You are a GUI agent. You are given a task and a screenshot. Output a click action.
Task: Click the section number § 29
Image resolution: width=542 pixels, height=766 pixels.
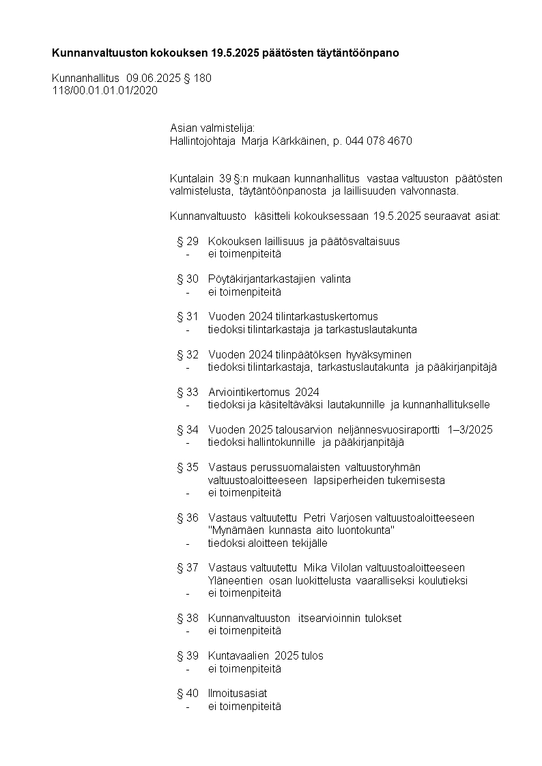pos(188,241)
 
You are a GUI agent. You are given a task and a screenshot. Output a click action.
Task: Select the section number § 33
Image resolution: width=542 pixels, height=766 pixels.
pos(188,392)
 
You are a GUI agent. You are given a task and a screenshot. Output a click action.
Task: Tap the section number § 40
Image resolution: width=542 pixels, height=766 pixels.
pos(188,694)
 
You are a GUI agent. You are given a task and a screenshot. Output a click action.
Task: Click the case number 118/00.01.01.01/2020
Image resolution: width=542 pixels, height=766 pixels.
pos(104,90)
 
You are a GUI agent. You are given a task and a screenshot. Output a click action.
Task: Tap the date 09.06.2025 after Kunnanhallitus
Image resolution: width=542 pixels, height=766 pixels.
pos(154,79)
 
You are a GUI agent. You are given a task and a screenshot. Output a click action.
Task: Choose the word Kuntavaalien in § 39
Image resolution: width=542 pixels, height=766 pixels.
pos(238,656)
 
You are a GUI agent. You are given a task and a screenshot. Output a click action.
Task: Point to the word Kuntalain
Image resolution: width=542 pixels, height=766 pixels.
pos(192,179)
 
